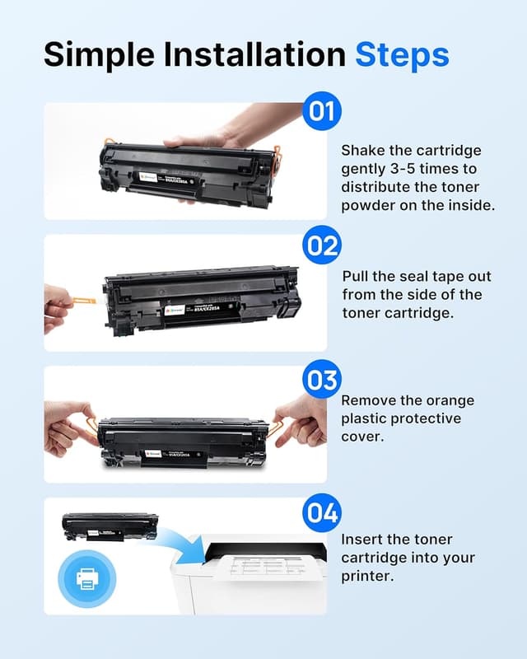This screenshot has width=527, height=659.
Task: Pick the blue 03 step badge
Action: [321, 380]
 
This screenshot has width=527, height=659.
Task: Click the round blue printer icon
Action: [86, 578]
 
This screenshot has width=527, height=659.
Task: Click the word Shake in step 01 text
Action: [362, 151]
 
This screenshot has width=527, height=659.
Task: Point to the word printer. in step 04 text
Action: [368, 576]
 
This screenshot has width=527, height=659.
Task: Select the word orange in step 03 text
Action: [451, 401]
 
